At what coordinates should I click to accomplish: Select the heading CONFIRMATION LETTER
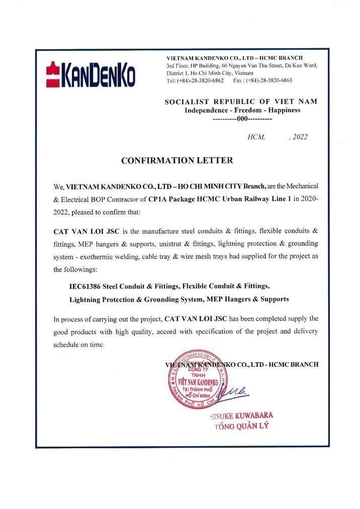click(177, 160)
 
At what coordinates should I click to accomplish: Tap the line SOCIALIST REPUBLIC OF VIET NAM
click(241, 102)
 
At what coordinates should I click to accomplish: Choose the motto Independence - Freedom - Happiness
click(243, 111)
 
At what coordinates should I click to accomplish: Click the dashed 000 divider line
click(242, 120)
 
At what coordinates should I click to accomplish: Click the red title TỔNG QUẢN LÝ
click(241, 426)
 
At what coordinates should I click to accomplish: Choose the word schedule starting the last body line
click(66, 345)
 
